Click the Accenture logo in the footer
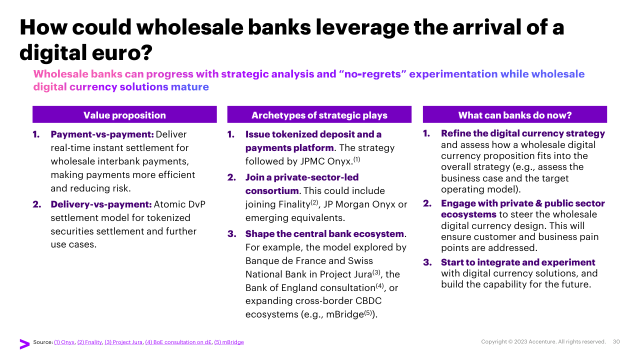click(24, 344)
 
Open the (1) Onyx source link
click(64, 342)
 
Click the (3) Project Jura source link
click(123, 342)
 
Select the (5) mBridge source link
click(229, 342)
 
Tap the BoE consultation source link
click(178, 342)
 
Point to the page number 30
click(616, 341)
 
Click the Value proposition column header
click(124, 115)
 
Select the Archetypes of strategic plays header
click(319, 115)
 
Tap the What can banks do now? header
click(515, 115)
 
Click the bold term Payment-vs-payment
click(102, 134)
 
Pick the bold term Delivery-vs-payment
click(101, 204)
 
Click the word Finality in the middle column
click(294, 204)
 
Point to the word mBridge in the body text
click(345, 314)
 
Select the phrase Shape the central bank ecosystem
click(324, 233)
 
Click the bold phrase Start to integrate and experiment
click(518, 262)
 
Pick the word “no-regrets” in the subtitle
click(372, 74)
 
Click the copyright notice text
click(543, 341)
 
